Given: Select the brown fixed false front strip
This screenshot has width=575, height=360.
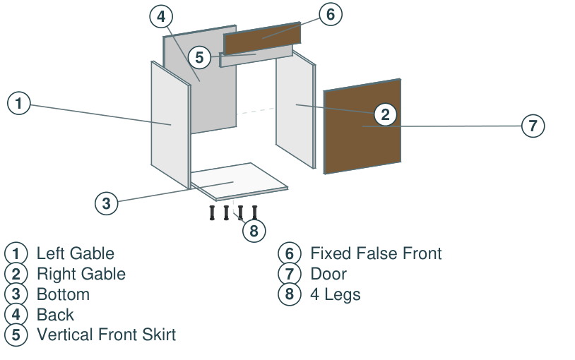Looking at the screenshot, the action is [262, 39].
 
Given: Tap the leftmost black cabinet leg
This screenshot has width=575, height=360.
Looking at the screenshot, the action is [212, 212].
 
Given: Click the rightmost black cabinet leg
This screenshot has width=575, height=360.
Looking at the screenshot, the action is [254, 212].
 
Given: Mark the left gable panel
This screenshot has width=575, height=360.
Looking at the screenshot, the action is [170, 125].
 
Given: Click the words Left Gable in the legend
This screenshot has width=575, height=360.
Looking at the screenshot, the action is [76, 253].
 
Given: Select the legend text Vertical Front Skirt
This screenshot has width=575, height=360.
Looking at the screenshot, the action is [107, 335].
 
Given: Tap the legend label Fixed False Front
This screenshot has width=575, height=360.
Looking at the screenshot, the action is [376, 253].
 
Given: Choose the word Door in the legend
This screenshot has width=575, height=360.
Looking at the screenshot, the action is [328, 274].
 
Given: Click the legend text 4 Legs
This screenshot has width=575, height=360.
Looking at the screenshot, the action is [335, 295].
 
